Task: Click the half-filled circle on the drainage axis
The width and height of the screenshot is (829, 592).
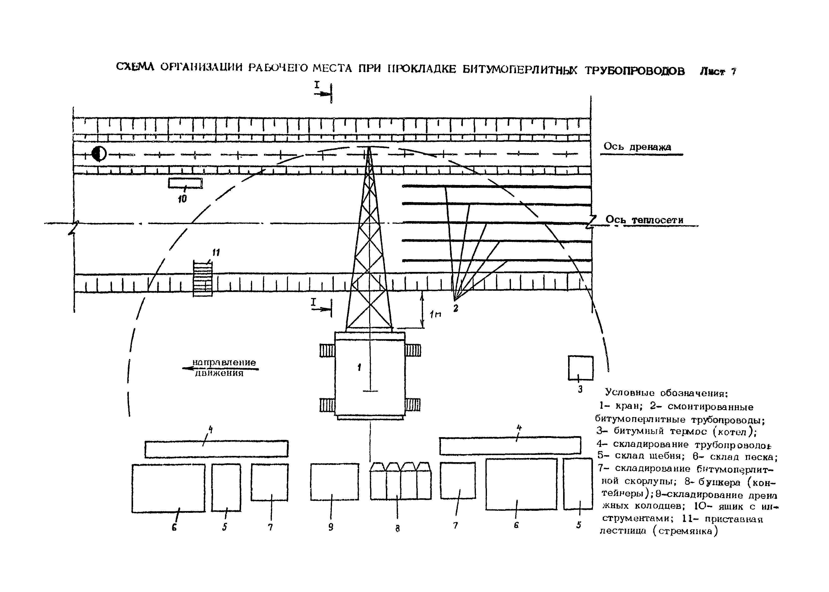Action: [x=99, y=154]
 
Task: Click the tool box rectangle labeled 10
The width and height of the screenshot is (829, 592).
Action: [x=185, y=183]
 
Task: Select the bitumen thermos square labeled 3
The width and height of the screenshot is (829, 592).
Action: [x=580, y=368]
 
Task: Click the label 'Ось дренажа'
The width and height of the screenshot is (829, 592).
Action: [x=637, y=147]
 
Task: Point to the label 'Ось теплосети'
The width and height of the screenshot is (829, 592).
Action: [x=644, y=220]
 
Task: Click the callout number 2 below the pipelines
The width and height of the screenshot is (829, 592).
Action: [x=456, y=308]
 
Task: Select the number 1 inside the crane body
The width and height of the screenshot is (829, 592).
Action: [x=359, y=367]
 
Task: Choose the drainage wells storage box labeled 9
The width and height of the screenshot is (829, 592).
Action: [x=335, y=481]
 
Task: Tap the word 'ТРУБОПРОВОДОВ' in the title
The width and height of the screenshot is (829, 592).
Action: [x=635, y=71]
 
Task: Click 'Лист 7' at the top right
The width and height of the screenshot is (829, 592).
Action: [x=717, y=71]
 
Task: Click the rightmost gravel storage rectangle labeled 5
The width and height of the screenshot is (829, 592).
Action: [x=578, y=484]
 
